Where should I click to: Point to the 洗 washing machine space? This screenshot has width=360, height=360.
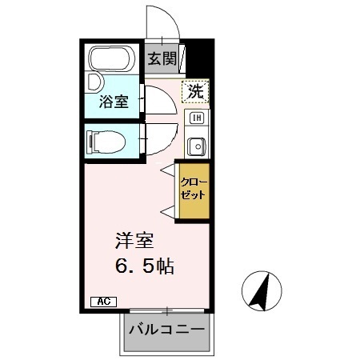pos(195,91)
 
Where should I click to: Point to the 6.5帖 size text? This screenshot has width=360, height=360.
pos(142,266)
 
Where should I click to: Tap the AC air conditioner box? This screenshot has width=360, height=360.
pos(104,302)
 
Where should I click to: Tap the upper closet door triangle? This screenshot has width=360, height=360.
pos(168,170)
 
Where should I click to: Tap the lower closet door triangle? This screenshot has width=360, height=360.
pos(168,210)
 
